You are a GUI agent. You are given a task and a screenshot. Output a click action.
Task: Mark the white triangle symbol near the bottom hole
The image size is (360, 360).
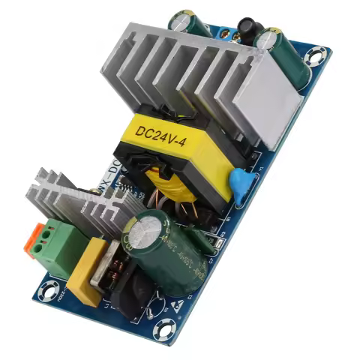click(178, 304)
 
